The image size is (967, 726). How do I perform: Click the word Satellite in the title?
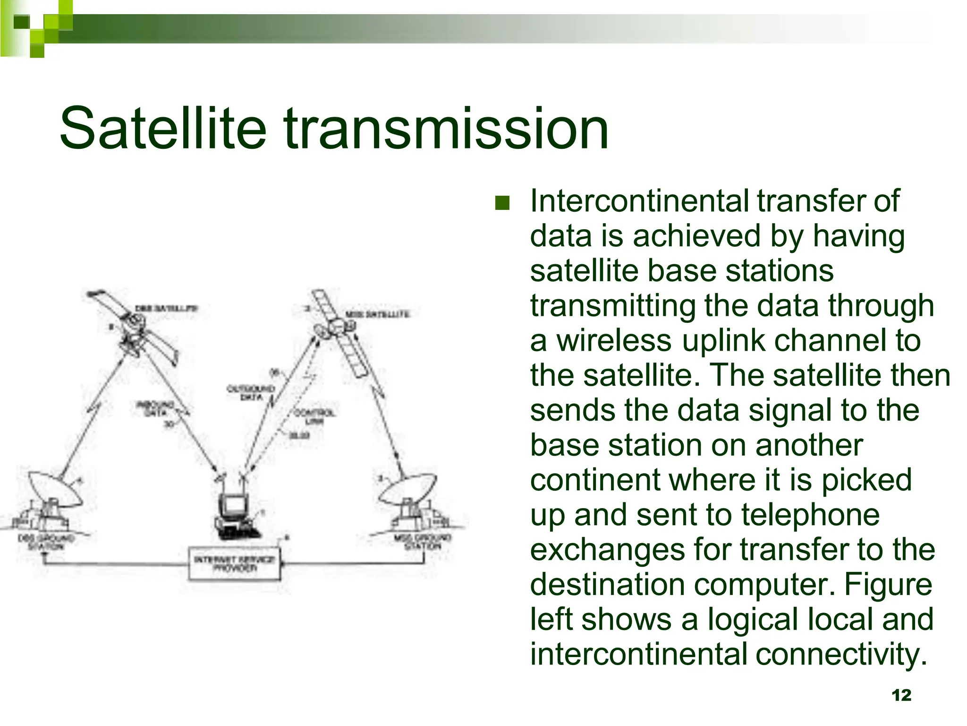163,129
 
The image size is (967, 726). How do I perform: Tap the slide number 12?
901,695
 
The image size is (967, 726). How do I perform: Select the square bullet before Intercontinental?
502,203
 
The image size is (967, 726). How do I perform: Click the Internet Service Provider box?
234,563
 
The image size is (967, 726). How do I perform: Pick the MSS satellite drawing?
338,331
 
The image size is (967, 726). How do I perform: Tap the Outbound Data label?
251,393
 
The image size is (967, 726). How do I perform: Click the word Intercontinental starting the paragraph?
638,201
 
